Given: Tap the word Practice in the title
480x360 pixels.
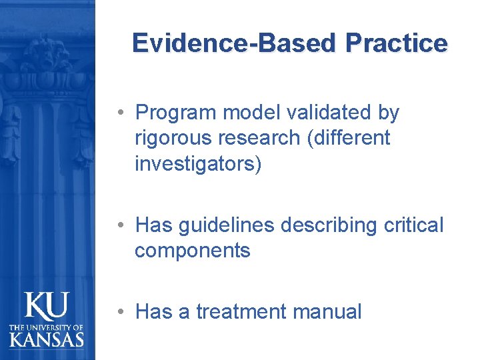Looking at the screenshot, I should (396, 43).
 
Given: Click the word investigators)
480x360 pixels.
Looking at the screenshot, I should (199, 164).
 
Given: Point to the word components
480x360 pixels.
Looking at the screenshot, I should (192, 251).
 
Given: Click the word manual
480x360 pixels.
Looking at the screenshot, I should (329, 311).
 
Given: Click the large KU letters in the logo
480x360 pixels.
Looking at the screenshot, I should (47, 307).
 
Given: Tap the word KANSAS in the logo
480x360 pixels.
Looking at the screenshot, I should (47, 339).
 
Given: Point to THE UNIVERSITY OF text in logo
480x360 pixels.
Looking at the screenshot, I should (47, 327).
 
